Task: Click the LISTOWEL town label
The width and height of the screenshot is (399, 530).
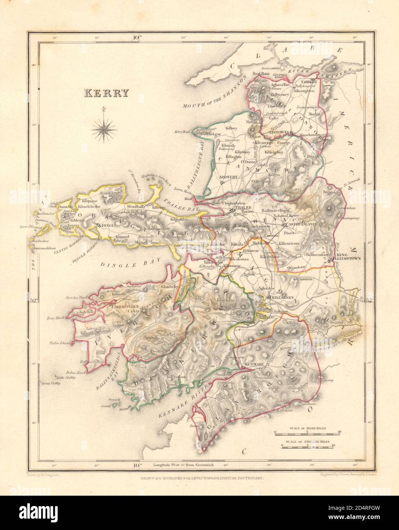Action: [x=278, y=132]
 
